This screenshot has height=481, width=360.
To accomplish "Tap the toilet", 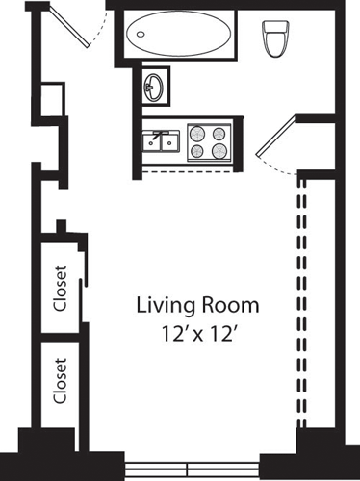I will coord(273,38).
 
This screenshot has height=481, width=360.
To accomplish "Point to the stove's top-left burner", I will coord(197,134).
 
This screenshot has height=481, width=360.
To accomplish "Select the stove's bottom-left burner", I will coord(197,152).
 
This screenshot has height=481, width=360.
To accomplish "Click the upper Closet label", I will coord(61,289).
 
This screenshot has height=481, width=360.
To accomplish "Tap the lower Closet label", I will coord(61,382).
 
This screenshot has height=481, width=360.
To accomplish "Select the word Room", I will coord(228,307).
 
